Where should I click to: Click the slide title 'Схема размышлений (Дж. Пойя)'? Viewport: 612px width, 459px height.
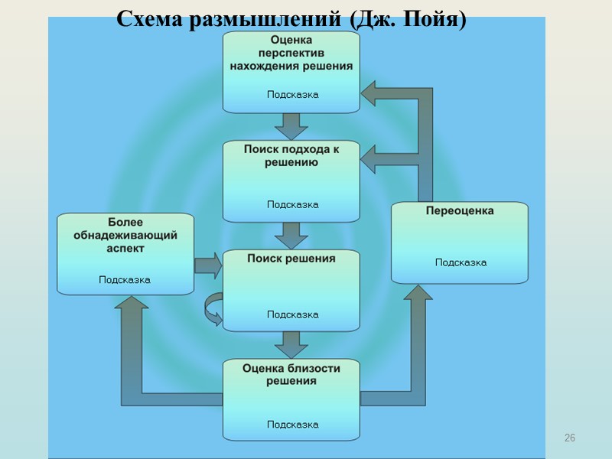[x=291, y=19]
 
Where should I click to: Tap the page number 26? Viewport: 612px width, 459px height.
[x=568, y=438]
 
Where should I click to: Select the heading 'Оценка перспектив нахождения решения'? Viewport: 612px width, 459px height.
[x=291, y=53]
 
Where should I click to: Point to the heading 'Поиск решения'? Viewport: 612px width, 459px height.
[x=291, y=259]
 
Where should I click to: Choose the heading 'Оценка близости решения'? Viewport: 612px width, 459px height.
[x=291, y=374]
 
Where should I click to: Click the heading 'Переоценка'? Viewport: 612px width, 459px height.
[x=459, y=210]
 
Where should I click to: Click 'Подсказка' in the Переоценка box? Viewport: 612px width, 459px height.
[x=461, y=262]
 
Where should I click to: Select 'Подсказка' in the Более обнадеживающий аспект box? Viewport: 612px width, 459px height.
[x=125, y=280]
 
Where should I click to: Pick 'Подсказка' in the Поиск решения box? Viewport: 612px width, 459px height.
[x=292, y=314]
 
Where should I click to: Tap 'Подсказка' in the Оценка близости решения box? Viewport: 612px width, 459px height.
[x=292, y=425]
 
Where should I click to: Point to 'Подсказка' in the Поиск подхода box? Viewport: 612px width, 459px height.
[x=292, y=204]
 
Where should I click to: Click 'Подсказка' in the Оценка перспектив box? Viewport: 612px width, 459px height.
[x=292, y=95]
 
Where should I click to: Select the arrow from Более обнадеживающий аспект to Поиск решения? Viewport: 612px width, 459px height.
[x=207, y=265]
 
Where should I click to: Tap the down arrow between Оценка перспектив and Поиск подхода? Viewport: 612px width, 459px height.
[x=291, y=125]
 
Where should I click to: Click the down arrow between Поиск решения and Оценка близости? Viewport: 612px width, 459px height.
[x=291, y=344]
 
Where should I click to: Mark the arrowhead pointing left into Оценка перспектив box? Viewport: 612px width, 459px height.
[x=372, y=94]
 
